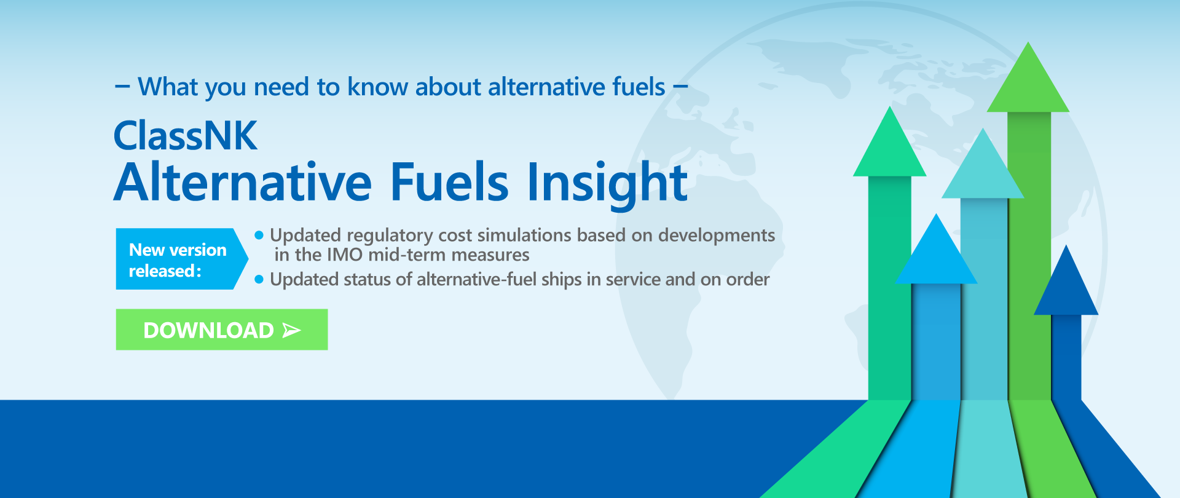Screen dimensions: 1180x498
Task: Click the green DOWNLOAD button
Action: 222,330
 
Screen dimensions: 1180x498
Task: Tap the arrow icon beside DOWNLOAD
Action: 291,331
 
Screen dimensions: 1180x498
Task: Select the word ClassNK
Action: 186,136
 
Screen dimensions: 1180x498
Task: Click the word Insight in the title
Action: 607,183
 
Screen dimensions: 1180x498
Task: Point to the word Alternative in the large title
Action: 243,182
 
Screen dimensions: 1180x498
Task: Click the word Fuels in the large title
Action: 450,182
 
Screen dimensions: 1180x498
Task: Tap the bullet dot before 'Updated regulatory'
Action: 259,235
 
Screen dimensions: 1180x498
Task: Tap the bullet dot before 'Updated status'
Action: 259,280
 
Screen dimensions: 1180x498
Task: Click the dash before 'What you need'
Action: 122,87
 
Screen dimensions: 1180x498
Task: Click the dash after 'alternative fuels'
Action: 680,87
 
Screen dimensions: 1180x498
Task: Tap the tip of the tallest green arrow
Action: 1028,42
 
